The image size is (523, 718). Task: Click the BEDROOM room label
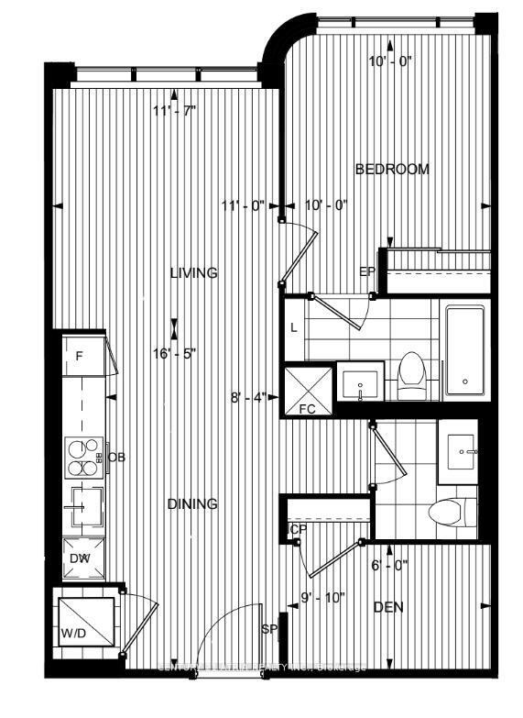click(x=392, y=170)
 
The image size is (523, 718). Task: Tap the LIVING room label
click(x=193, y=272)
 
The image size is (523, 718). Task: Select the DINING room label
click(x=192, y=503)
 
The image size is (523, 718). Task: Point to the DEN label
click(x=388, y=607)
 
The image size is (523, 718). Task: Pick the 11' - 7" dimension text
click(x=175, y=112)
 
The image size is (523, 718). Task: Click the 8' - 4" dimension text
click(x=248, y=398)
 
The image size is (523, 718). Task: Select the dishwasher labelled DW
click(x=82, y=557)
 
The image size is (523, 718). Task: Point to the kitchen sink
click(x=84, y=505)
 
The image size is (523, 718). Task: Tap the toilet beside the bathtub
click(x=411, y=375)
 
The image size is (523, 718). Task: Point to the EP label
click(x=367, y=271)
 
